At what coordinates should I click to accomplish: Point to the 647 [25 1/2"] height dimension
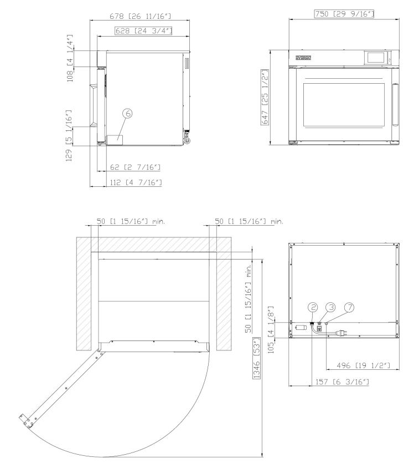[x=265, y=97]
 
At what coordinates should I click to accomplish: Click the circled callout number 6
[x=127, y=113]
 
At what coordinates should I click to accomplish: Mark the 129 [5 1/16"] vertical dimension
[x=69, y=136]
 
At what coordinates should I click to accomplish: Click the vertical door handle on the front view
[x=394, y=104]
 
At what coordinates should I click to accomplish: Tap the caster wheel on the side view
[x=186, y=141]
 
